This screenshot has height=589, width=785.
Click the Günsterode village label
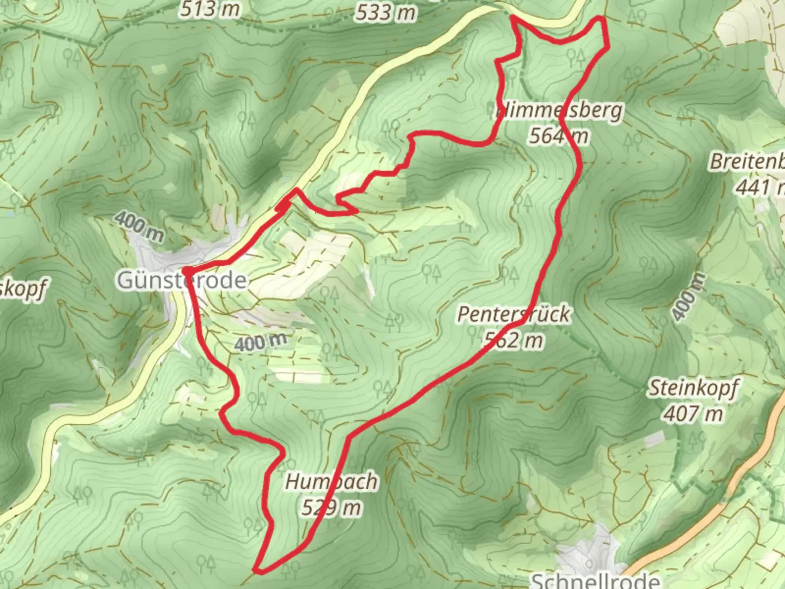tap(182, 280)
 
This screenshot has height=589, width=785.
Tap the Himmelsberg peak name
tap(559, 111)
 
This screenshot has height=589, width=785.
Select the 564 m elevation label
tap(558, 136)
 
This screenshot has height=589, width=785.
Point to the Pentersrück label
tap(514, 314)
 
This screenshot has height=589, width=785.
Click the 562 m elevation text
tap(514, 340)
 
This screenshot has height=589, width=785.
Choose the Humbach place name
tap(331, 482)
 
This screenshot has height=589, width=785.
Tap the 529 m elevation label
tap(331, 508)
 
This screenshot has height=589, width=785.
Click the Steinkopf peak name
tap(693, 388)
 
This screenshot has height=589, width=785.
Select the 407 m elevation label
tap(693, 414)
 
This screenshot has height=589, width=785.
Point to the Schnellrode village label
tap(595, 580)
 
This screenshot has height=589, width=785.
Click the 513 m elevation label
tap(210, 9)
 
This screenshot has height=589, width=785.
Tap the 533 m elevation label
tap(385, 12)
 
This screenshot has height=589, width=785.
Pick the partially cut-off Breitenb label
tap(747, 162)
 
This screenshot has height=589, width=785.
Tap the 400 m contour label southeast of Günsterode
tap(261, 342)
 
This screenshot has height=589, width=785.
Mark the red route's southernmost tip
tap(258, 571)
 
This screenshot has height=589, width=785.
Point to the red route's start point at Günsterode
tap(186, 271)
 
